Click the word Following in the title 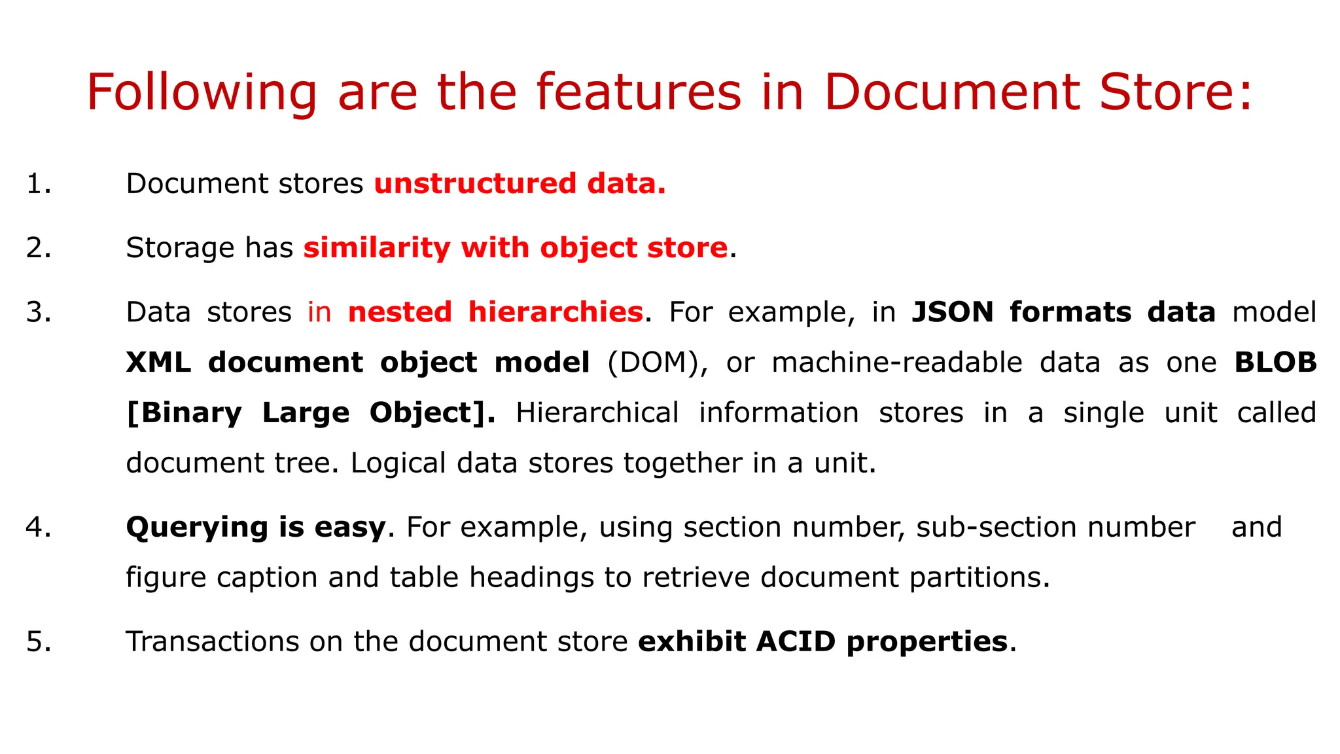pyautogui.click(x=202, y=93)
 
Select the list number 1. pyautogui.click(x=38, y=184)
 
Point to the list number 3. pyautogui.click(x=38, y=312)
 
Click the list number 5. pyautogui.click(x=38, y=641)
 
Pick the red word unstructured pyautogui.click(x=474, y=183)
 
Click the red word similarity pyautogui.click(x=376, y=247)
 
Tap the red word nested pyautogui.click(x=400, y=312)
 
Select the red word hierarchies pyautogui.click(x=555, y=312)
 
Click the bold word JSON pyautogui.click(x=952, y=312)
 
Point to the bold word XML pyautogui.click(x=158, y=362)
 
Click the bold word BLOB pyautogui.click(x=1275, y=362)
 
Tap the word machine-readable pyautogui.click(x=896, y=362)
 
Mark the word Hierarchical pyautogui.click(x=597, y=413)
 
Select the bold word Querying pyautogui.click(x=196, y=528)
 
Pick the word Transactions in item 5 pyautogui.click(x=211, y=641)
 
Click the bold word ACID pyautogui.click(x=796, y=641)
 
